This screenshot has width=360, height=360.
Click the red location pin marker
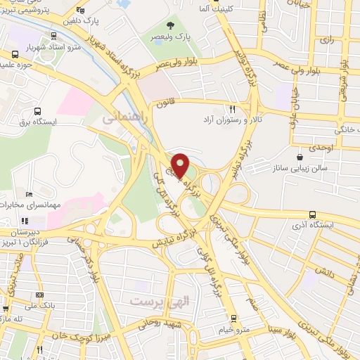[180, 165]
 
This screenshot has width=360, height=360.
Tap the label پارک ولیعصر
[174, 35]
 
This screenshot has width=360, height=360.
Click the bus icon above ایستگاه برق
[37, 110]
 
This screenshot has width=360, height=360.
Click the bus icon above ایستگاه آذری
[312, 215]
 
